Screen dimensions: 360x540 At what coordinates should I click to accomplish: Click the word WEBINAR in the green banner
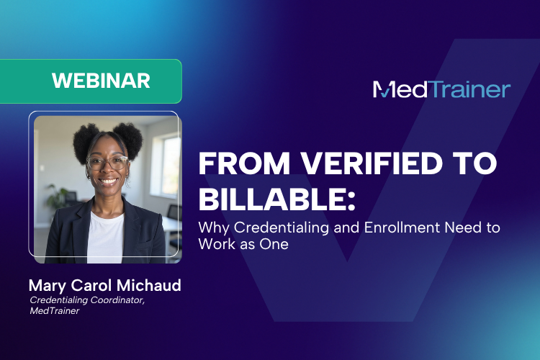click(x=101, y=81)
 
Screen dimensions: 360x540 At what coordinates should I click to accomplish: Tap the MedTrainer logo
click(x=441, y=89)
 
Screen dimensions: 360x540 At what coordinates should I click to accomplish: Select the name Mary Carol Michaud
click(x=104, y=286)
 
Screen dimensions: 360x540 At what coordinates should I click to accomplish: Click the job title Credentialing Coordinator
click(x=87, y=300)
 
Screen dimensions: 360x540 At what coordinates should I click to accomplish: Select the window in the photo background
click(x=171, y=166)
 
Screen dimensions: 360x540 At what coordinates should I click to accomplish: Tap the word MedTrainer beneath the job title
click(x=55, y=311)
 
